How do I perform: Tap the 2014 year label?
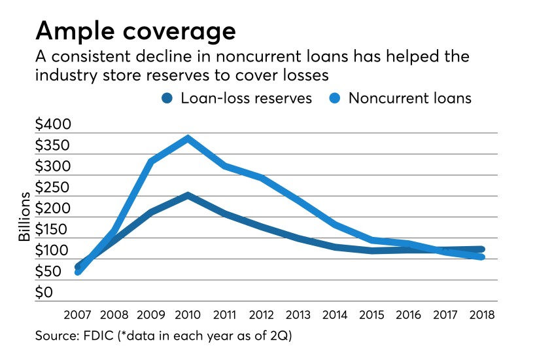coord(335,313)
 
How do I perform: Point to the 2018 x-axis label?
coord(481,313)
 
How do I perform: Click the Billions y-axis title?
coord(24,217)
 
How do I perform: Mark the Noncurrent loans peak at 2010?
coord(188,138)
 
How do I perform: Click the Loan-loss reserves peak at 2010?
coord(188,195)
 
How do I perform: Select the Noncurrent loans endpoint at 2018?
coord(481,257)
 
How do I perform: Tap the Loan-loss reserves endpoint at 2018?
coord(481,249)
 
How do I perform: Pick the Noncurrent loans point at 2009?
coord(152,161)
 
